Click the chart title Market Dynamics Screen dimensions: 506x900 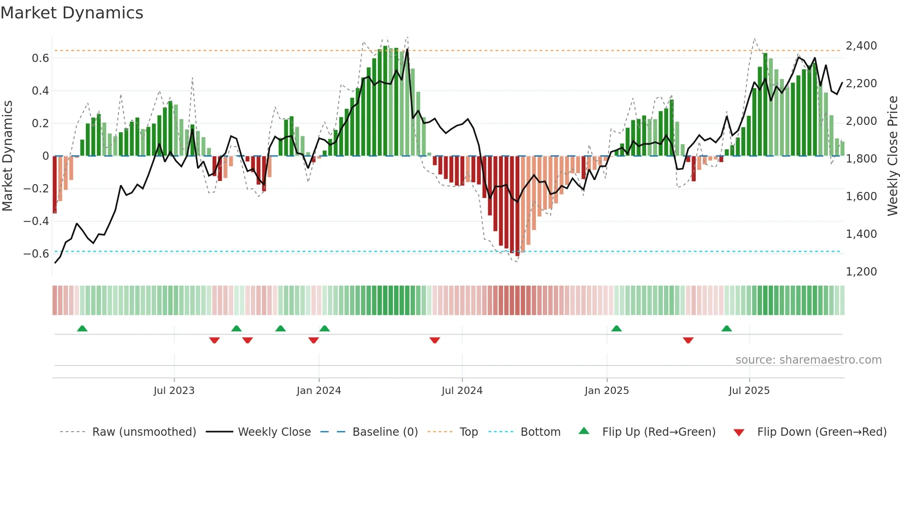72,13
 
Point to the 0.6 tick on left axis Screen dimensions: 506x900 40,58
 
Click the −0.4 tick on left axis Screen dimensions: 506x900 36,221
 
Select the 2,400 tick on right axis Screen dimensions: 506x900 861,46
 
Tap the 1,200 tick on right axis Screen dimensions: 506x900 861,272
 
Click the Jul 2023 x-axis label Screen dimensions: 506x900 174,391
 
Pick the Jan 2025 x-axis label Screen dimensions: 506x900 607,391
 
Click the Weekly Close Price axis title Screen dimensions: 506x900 892,156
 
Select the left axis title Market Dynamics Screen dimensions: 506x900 7,156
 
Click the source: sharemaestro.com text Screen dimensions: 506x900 808,360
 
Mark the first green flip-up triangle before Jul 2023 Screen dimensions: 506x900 82,329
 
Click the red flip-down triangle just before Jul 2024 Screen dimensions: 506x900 435,340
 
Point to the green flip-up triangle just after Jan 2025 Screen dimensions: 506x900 617,329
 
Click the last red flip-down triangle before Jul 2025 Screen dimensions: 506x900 688,340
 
